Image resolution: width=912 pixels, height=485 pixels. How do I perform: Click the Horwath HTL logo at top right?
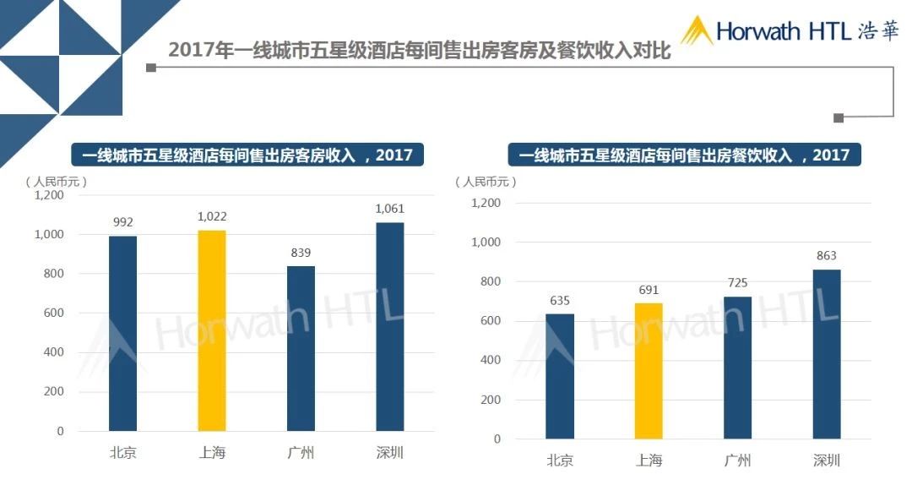790,31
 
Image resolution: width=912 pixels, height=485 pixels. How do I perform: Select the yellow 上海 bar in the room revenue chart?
212,330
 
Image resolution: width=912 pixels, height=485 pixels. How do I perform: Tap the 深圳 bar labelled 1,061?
390,326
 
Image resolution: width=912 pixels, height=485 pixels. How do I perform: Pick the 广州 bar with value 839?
301,348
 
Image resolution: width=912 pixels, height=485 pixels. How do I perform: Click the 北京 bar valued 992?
122,333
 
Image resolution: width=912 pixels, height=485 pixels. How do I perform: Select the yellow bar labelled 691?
649,371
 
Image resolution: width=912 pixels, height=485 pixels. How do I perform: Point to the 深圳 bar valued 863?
827,354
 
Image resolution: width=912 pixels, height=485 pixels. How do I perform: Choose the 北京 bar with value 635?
559,376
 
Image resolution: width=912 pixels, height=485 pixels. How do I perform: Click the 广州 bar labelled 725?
737,368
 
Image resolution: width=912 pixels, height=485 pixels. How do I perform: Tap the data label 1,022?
212,216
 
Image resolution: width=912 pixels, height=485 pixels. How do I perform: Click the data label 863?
827,255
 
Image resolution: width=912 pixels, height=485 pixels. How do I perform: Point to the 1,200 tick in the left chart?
49,195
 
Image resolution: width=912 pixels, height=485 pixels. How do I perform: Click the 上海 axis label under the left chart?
212,452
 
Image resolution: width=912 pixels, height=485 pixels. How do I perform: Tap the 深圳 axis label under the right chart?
827,460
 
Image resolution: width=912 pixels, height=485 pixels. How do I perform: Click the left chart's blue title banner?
247,155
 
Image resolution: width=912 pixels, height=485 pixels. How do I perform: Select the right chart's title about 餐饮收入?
684,155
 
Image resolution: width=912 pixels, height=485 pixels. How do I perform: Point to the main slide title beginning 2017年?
419,50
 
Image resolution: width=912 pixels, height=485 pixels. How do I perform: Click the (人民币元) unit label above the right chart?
486,181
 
